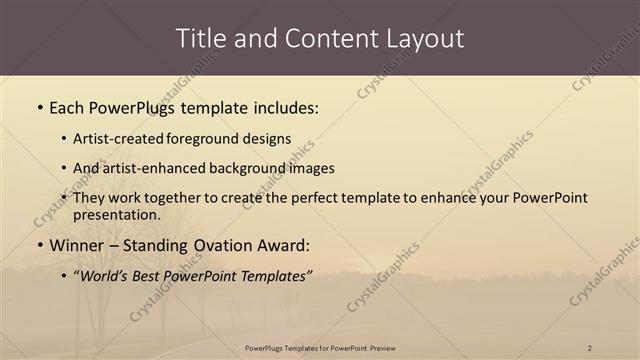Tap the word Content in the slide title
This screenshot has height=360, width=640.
point(321,39)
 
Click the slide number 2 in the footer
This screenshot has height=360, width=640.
point(590,347)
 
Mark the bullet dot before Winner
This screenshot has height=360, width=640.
point(39,245)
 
